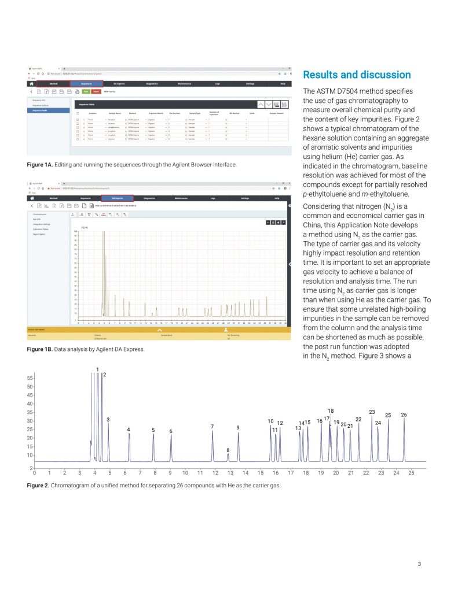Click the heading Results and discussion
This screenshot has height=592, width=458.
[357, 75]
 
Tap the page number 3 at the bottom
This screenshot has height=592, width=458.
[419, 564]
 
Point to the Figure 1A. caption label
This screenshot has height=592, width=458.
[40, 165]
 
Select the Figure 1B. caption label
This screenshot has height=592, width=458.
[40, 350]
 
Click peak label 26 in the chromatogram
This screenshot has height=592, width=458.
[404, 415]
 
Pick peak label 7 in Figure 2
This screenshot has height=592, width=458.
[212, 427]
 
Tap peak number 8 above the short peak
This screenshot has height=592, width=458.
[228, 450]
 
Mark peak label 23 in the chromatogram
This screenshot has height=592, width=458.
[372, 412]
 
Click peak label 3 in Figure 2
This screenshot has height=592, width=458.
[108, 419]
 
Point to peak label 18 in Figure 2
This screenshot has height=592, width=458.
[331, 411]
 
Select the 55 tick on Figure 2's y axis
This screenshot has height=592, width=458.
[29, 378]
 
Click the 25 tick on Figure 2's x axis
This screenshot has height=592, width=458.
[411, 473]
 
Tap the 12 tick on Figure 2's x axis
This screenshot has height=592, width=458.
[215, 473]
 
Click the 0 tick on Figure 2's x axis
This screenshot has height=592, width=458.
[35, 473]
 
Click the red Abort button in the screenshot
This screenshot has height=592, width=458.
[97, 91]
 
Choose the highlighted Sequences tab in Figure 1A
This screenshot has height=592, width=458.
[86, 84]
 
